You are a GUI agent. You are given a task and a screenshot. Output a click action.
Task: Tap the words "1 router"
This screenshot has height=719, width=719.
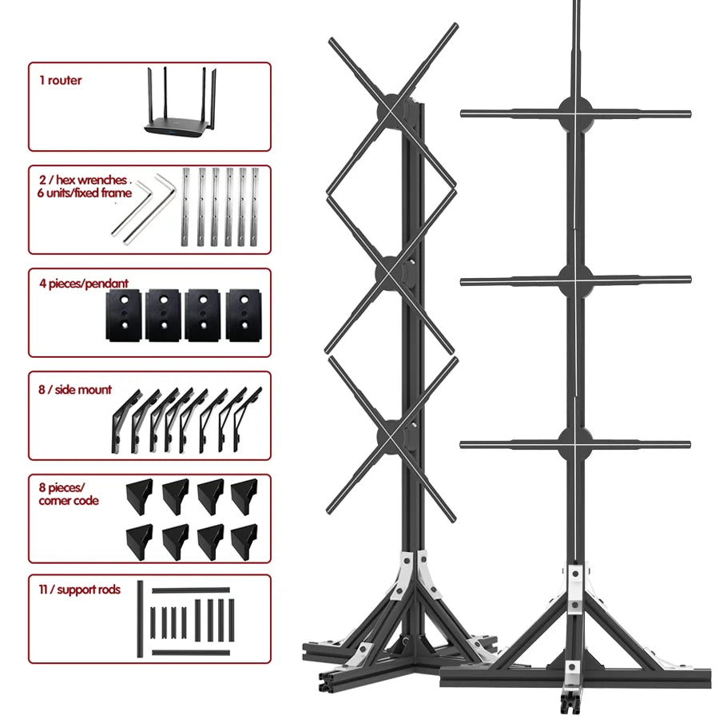click(x=61, y=80)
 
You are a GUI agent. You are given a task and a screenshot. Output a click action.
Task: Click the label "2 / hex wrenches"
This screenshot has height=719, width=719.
click(x=83, y=180)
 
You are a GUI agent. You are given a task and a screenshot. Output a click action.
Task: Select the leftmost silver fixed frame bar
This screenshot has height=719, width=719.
click(x=185, y=207)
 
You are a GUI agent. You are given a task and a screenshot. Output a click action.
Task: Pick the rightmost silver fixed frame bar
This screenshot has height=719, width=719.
click(x=256, y=207)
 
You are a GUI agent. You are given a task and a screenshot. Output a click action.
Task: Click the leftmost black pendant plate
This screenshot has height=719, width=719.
click(x=124, y=316)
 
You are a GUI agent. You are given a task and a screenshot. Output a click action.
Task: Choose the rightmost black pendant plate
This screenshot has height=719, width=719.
click(x=244, y=316)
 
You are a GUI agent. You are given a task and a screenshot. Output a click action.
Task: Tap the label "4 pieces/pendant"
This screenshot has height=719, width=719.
click(x=84, y=284)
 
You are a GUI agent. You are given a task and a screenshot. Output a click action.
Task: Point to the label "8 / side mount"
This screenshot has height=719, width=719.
click(x=75, y=390)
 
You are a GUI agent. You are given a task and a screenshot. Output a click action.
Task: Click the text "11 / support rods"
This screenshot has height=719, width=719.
click(x=80, y=590)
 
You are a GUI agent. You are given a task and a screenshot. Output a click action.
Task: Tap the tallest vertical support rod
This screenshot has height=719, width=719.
click(x=140, y=619)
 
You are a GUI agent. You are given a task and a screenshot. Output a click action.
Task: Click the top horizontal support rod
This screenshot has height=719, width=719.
click(x=191, y=590)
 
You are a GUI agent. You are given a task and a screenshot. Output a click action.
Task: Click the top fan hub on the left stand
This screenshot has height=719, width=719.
click(x=391, y=111)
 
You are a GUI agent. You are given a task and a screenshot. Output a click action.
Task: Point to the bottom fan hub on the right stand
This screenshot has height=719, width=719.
click(x=576, y=444)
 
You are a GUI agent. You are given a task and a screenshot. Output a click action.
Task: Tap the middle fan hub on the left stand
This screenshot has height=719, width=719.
click(x=390, y=274)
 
